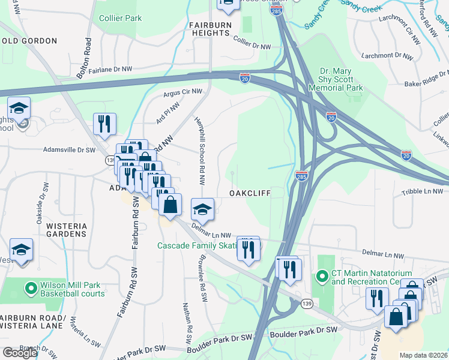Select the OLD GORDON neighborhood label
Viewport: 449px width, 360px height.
point(29,41)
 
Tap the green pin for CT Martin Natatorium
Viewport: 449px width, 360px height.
point(322,277)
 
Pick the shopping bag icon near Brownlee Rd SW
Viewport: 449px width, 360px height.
point(170,204)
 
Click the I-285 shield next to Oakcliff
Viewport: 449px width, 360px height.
point(302,175)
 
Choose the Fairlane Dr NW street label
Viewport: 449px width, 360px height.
point(110,70)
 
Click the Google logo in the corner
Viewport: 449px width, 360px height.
point(19,353)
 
